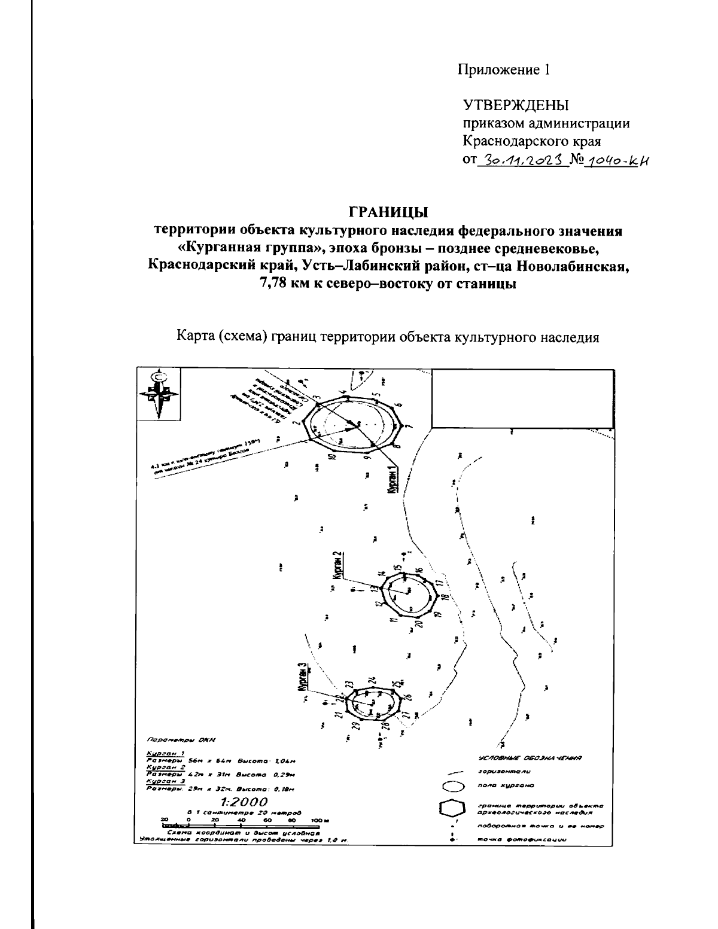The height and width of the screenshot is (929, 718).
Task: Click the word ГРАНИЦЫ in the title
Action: pyautogui.click(x=389, y=212)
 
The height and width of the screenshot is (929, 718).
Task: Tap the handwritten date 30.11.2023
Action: pyautogui.click(x=521, y=161)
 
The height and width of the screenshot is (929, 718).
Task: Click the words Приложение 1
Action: pyautogui.click(x=503, y=70)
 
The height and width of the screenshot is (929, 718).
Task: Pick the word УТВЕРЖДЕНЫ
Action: pyautogui.click(x=516, y=106)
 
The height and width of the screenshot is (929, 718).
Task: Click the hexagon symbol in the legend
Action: pyautogui.click(x=452, y=809)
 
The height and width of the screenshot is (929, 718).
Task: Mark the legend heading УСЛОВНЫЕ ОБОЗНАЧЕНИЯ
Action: pyautogui.click(x=530, y=758)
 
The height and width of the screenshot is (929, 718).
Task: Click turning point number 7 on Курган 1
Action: pyautogui.click(x=409, y=426)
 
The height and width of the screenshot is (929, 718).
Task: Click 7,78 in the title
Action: pyautogui.click(x=273, y=285)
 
